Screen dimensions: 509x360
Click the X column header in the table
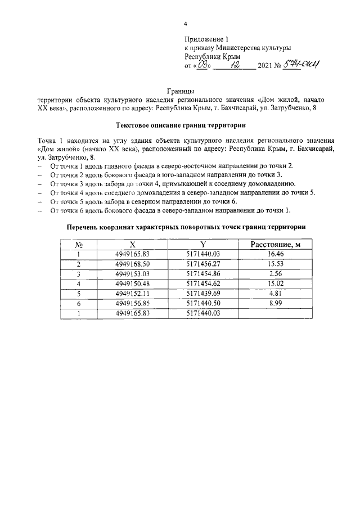[133, 245]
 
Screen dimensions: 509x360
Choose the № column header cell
[79, 245]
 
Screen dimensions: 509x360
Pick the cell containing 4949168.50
[133, 264]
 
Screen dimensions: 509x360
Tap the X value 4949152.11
[133, 294]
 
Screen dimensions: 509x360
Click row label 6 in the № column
[79, 303]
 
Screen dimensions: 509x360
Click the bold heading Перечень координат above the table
[186, 227]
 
